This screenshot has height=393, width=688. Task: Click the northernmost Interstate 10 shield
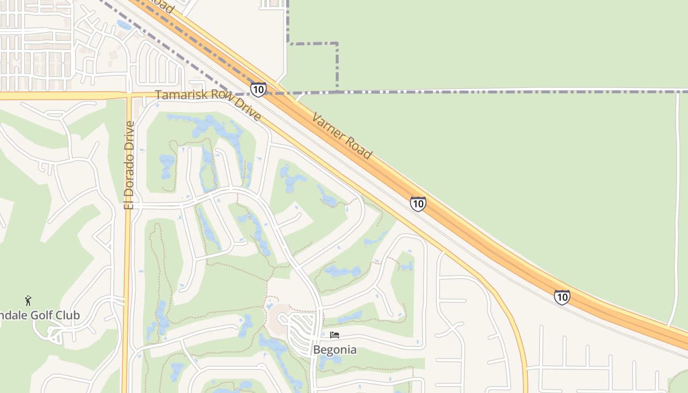(x=258, y=89)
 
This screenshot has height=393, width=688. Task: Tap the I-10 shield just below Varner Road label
(x=418, y=203)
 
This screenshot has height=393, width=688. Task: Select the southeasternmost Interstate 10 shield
(x=562, y=297)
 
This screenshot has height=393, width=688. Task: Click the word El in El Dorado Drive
(x=129, y=203)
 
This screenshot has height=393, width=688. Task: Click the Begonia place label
(x=335, y=350)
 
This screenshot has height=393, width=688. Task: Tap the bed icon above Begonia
(x=335, y=336)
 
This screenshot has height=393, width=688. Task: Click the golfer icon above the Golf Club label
(x=28, y=301)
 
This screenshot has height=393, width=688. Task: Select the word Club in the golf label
(x=68, y=315)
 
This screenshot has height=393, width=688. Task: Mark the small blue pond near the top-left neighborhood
(x=124, y=25)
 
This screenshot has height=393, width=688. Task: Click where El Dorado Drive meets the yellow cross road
(x=129, y=94)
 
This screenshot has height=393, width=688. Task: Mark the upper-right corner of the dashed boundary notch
(x=337, y=44)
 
